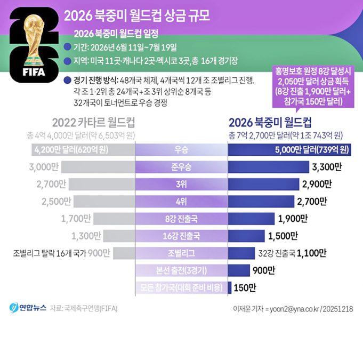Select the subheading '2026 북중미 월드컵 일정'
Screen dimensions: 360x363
point(116,33)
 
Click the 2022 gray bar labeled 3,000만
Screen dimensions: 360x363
point(98,167)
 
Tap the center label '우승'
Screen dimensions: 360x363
point(181,150)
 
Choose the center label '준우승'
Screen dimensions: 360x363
point(181,167)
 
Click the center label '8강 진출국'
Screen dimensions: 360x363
point(181,218)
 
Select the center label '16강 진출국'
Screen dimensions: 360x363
point(181,236)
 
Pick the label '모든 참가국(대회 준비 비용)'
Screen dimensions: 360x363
point(181,287)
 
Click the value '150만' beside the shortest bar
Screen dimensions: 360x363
point(245,287)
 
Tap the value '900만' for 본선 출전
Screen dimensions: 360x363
point(263,270)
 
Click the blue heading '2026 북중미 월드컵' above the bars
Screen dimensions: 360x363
point(270,121)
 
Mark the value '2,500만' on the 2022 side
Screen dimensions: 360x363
point(56,201)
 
